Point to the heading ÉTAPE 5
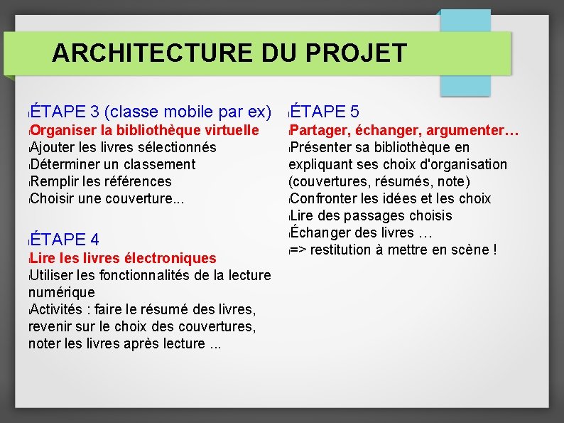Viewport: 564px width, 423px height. [325, 112]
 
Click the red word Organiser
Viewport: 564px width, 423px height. [63, 131]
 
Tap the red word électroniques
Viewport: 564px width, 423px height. [170, 258]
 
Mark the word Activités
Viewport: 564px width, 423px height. [56, 309]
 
